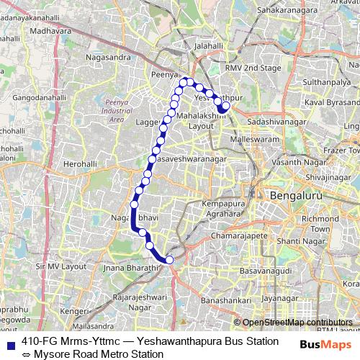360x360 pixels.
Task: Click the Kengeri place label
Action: tap(73, 312)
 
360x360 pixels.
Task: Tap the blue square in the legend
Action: tap(9, 341)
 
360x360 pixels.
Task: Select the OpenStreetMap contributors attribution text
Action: tap(297, 323)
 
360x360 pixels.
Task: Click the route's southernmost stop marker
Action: tap(170, 260)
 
